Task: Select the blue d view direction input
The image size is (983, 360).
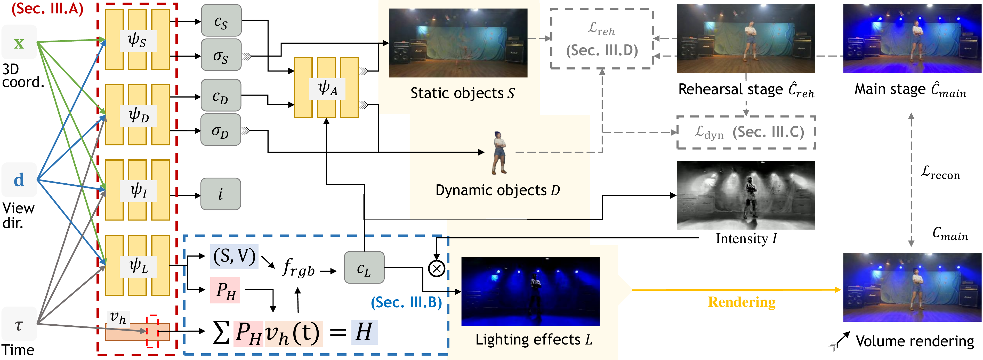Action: tap(19, 180)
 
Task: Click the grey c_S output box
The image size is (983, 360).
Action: tap(221, 21)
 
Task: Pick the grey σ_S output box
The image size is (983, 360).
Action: tap(221, 55)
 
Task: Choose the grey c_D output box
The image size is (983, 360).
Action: tap(221, 96)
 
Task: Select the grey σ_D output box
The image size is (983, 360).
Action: tap(221, 130)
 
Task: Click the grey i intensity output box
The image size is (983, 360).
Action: tap(221, 194)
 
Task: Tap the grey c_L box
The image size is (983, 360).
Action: tap(364, 268)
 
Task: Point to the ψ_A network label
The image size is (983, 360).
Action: tap(328, 89)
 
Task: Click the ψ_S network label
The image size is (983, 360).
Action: tap(137, 41)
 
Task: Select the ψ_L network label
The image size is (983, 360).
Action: tap(138, 266)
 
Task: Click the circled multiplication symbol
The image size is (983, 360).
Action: tap(437, 268)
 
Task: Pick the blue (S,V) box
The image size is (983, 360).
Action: tap(234, 256)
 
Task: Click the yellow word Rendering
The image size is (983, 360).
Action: tap(742, 302)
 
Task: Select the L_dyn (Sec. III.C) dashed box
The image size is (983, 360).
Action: tap(746, 132)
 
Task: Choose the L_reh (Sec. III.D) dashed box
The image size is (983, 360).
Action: tap(602, 38)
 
